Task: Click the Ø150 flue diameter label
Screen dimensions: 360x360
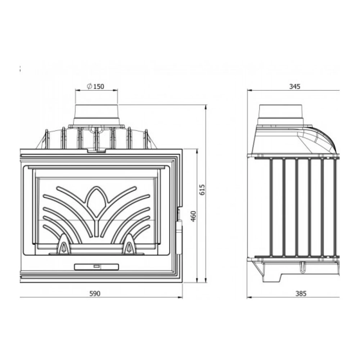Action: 95,86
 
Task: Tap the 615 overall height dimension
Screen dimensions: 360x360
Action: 202,190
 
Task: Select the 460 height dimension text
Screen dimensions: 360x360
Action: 194,216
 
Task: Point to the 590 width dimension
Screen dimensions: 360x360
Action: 95,294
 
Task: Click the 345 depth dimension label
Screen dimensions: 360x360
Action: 294,86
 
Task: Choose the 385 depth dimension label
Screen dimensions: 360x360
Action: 301,294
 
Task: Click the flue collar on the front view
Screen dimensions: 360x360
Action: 96,116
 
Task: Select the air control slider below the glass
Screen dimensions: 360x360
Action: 96,267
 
